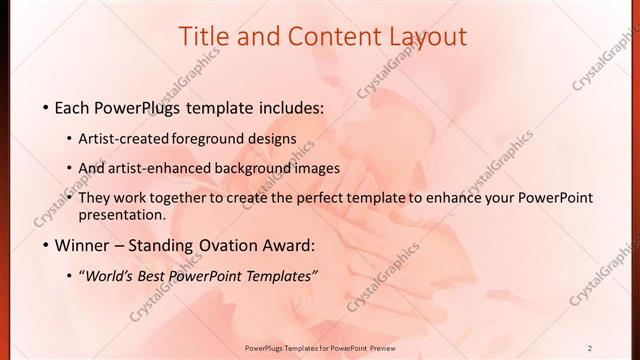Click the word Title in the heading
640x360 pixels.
coord(203,37)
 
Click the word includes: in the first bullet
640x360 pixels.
coord(289,107)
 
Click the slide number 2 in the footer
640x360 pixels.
coord(589,348)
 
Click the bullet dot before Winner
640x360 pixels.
coord(47,246)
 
